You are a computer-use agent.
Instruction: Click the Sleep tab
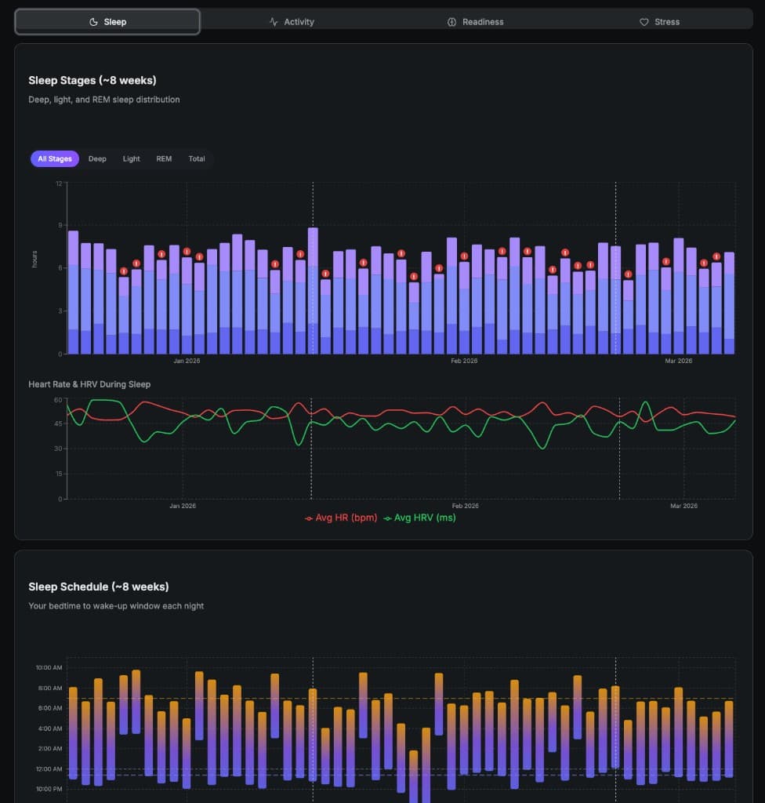107,22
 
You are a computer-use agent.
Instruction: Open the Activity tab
292,22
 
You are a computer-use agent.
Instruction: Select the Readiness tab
475,22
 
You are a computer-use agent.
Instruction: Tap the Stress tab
659,22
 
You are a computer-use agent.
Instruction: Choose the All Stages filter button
55,159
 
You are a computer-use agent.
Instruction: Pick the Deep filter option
97,159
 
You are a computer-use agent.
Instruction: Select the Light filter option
131,159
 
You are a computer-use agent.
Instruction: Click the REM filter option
164,159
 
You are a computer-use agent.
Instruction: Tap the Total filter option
197,159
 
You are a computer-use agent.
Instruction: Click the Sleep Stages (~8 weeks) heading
92,80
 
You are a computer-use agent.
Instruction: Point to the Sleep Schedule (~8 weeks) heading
99,587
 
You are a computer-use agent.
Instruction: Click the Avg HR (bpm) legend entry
341,518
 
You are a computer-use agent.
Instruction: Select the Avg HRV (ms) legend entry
419,518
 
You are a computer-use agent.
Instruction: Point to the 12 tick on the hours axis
59,183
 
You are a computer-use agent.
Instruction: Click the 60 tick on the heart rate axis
57,400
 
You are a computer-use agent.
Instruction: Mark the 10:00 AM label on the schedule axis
49,668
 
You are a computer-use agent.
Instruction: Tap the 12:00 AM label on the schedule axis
49,769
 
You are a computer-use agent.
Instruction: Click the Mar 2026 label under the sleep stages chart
679,361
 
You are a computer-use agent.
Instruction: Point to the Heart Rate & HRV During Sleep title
89,384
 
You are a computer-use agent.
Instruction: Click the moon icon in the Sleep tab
94,22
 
